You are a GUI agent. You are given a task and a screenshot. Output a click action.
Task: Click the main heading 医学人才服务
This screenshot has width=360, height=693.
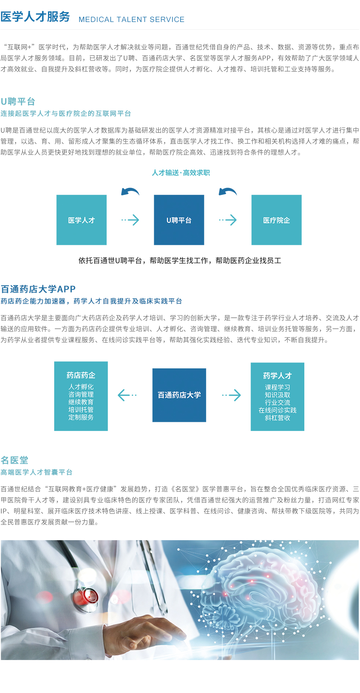pyautogui.click(x=35, y=17)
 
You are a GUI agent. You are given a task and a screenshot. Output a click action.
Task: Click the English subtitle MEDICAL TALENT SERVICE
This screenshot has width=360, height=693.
pyautogui.click(x=131, y=19)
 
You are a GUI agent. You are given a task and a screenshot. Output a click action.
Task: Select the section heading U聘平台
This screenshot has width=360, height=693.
pyautogui.click(x=18, y=102)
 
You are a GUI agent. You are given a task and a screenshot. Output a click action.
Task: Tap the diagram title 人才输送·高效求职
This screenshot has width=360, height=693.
pyautogui.click(x=181, y=173)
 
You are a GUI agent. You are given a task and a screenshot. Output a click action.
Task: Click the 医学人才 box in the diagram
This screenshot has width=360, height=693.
pyautogui.click(x=81, y=220)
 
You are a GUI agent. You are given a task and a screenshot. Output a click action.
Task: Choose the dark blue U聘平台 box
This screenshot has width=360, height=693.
pyautogui.click(x=179, y=220)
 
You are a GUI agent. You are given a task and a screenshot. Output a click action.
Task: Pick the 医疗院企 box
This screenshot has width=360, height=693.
pyautogui.click(x=277, y=220)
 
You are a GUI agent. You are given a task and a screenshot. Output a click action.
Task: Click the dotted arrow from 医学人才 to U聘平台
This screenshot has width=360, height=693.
pyautogui.click(x=130, y=220)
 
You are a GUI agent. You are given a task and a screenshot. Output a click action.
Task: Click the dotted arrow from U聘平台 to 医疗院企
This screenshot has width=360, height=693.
pyautogui.click(x=228, y=220)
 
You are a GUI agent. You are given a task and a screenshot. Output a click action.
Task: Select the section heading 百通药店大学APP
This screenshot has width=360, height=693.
pyautogui.click(x=38, y=289)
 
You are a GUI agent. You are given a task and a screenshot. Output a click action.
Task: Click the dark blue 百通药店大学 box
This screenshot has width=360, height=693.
pyautogui.click(x=179, y=395)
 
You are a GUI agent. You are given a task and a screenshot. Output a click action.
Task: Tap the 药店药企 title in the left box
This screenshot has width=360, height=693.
pyautogui.click(x=81, y=375)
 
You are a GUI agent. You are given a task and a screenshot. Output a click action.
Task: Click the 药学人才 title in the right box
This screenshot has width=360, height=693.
pyautogui.click(x=278, y=376)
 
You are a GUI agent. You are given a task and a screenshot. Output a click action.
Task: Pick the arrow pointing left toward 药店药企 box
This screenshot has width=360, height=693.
pyautogui.click(x=127, y=395)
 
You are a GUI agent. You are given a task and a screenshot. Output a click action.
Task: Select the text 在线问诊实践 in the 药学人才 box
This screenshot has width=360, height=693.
pyautogui.click(x=278, y=410)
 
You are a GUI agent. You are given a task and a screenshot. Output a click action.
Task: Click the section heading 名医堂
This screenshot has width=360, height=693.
pyautogui.click(x=15, y=460)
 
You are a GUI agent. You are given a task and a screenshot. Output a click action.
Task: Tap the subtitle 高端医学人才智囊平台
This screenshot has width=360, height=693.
pyautogui.click(x=37, y=472)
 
